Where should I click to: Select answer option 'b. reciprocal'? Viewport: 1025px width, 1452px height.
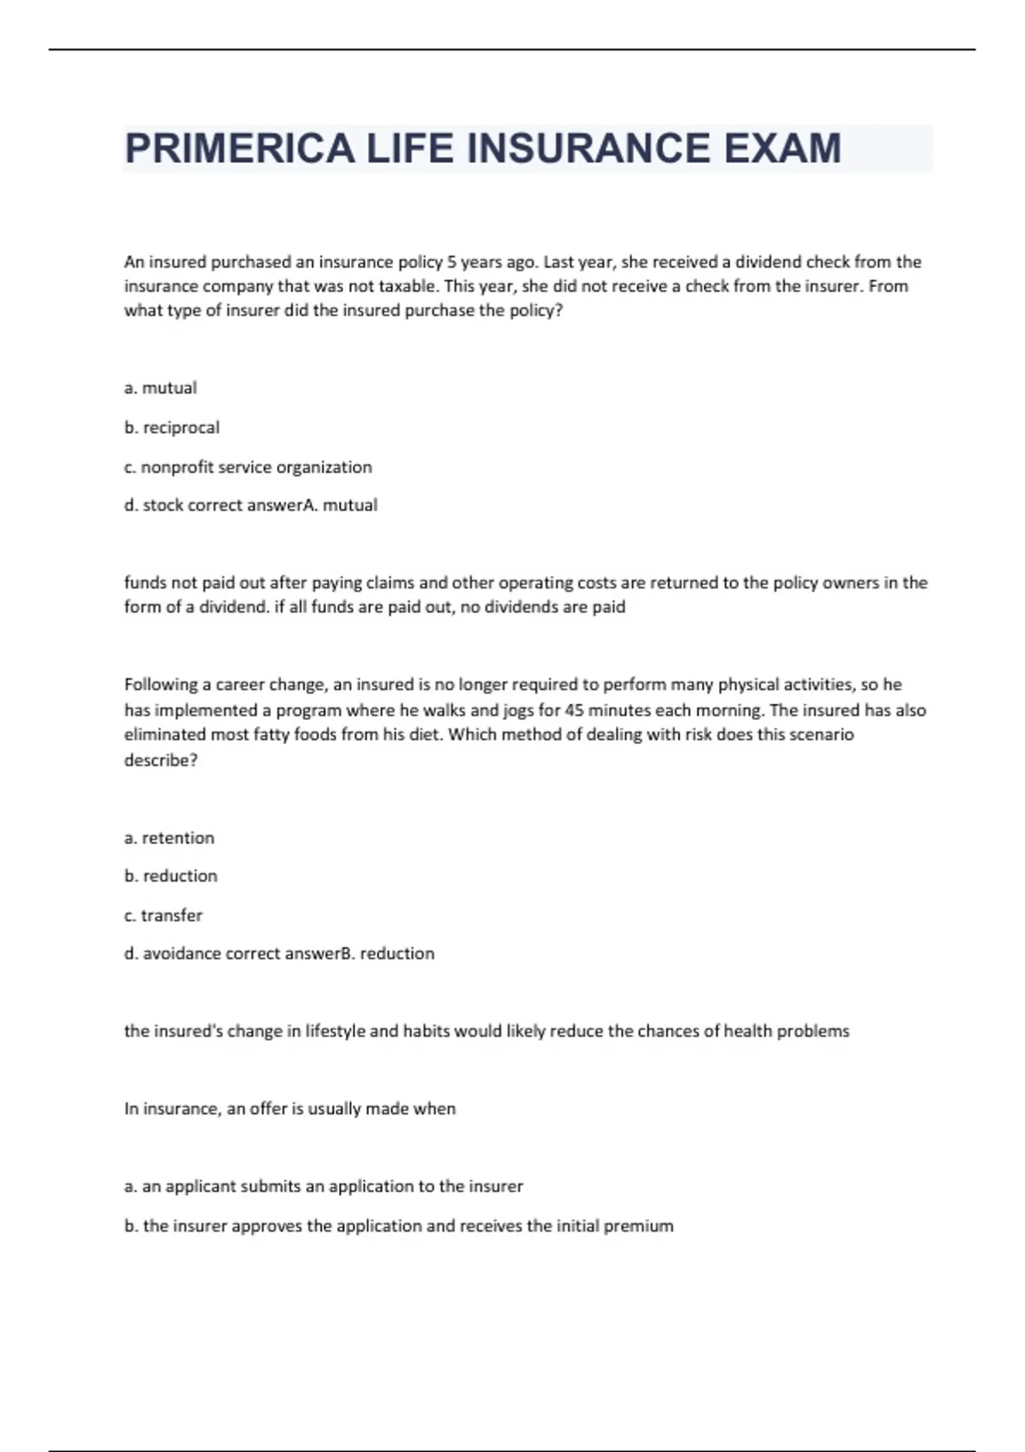tap(172, 427)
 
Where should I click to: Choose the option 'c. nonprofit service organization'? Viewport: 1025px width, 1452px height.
tap(248, 467)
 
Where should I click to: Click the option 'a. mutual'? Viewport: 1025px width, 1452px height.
tap(161, 388)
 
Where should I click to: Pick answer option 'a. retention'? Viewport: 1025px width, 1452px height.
tap(169, 838)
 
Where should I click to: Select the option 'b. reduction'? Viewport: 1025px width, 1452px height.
tap(171, 875)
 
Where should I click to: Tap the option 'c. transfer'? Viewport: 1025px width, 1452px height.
tap(163, 915)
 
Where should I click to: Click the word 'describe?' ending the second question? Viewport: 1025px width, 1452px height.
tap(161, 760)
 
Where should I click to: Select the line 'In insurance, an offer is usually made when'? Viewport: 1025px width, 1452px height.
tap(290, 1109)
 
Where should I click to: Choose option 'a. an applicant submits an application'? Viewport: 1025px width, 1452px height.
tap(323, 1186)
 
